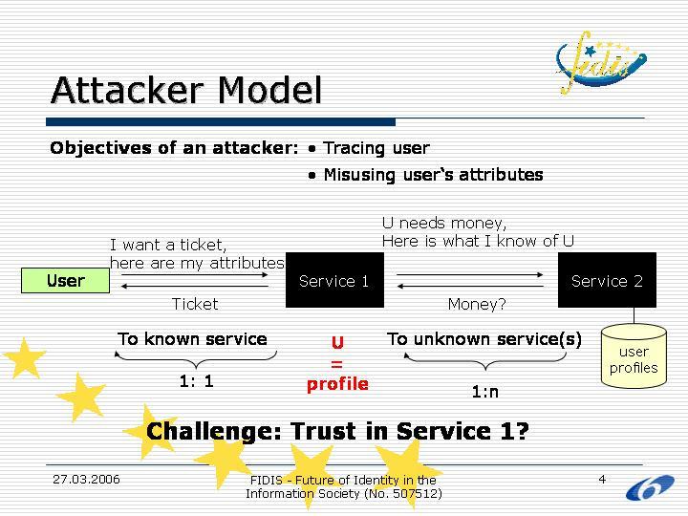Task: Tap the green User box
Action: (66, 280)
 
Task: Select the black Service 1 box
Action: (334, 280)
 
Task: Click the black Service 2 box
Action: (607, 280)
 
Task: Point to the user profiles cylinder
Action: (634, 357)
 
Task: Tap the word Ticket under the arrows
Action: (195, 304)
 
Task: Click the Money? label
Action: (477, 304)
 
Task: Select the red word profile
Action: (337, 384)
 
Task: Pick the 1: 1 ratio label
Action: (196, 380)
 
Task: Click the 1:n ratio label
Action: (485, 392)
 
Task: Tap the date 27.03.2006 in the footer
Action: (86, 479)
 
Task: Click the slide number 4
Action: (602, 479)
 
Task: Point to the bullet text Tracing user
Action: (376, 148)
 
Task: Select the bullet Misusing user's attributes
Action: (433, 175)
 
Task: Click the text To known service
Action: (192, 339)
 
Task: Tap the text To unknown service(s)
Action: (484, 339)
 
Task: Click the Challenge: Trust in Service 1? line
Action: (337, 432)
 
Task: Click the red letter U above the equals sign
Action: (337, 342)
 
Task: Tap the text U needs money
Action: (444, 224)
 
